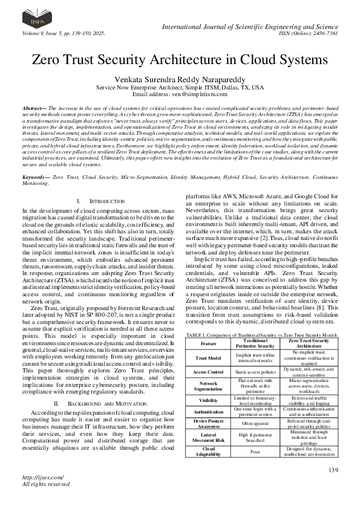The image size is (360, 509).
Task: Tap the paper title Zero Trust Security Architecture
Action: (180, 60)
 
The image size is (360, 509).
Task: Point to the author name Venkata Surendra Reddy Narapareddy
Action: (180, 79)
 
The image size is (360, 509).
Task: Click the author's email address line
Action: (180, 95)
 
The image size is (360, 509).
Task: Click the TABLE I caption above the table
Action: (261, 334)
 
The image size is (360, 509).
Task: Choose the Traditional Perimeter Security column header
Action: (255, 343)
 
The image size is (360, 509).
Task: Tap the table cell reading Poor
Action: (255, 450)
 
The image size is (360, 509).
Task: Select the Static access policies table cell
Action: (255, 372)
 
